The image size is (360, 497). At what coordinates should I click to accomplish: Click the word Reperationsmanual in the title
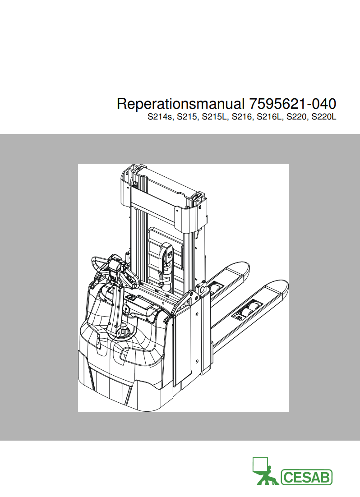181,104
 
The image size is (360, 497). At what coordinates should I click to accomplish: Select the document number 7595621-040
293,104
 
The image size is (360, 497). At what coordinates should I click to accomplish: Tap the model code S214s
160,117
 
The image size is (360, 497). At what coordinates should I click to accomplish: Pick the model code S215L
215,117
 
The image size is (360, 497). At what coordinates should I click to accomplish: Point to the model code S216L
270,117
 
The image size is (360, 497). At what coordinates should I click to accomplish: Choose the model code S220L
324,117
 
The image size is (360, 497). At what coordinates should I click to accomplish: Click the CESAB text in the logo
306,477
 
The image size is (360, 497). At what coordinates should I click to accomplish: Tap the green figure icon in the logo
265,471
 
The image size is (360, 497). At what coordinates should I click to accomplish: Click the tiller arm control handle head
116,272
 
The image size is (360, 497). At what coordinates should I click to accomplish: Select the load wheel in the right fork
248,309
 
